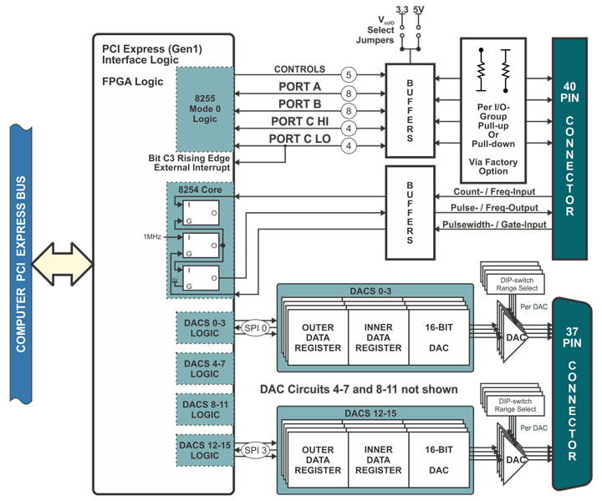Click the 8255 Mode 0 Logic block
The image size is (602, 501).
click(205, 109)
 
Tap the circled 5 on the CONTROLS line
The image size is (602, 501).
click(349, 75)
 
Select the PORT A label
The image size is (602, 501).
click(300, 87)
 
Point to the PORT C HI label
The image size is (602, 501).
click(300, 122)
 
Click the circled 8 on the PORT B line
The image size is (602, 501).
click(349, 111)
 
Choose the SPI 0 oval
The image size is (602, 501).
click(255, 328)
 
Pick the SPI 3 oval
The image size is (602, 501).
click(255, 450)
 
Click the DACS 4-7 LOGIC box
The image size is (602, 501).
click(205, 369)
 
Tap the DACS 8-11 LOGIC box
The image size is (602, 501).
click(205, 409)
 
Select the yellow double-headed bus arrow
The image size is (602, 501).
click(62, 264)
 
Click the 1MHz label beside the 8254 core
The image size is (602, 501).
click(152, 237)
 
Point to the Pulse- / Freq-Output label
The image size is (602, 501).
click(494, 208)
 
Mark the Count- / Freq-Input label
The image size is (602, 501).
click(494, 192)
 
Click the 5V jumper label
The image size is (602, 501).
click(419, 9)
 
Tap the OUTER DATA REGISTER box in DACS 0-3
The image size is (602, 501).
click(318, 337)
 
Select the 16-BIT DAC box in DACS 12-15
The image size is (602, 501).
click(439, 460)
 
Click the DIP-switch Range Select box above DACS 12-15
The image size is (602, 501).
click(515, 405)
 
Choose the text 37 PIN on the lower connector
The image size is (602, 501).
click(572, 337)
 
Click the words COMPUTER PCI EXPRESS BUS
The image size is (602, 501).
click(21, 264)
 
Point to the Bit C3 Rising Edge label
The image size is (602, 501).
click(189, 159)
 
